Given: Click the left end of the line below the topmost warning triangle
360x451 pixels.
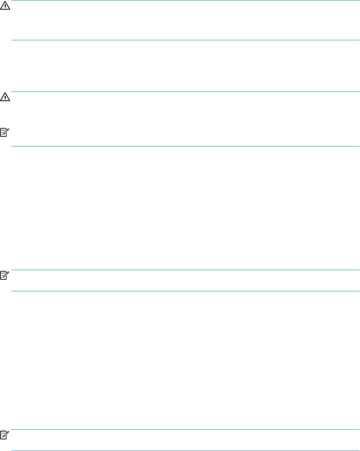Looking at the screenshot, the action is [x=13, y=40].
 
